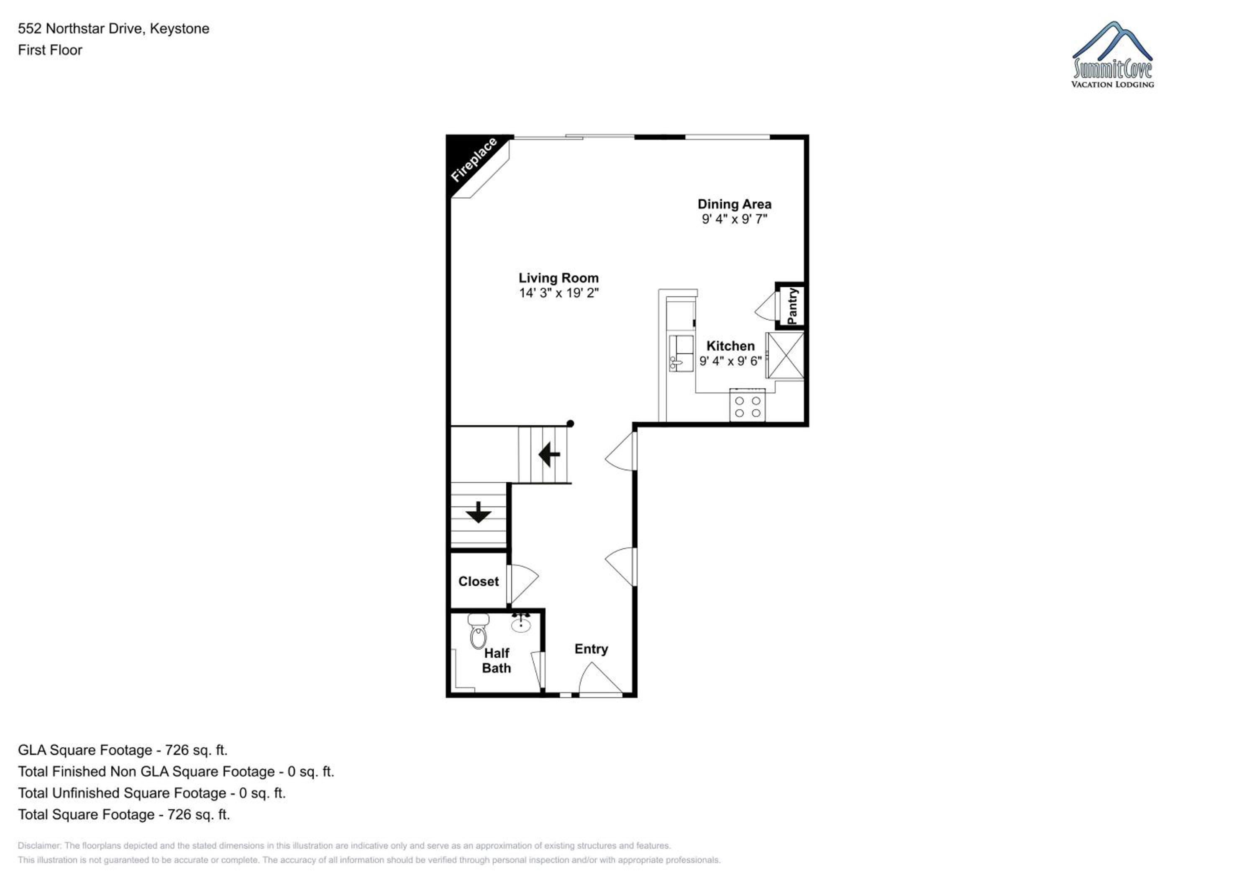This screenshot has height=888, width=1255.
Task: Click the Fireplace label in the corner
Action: point(474,160)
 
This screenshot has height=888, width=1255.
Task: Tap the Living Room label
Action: point(558,278)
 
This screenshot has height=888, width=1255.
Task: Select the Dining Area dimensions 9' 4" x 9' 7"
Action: point(735,219)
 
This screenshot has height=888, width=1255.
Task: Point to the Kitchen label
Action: point(730,346)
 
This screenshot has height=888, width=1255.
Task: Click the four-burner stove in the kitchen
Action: point(747,405)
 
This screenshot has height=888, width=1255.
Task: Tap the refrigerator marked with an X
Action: point(785,355)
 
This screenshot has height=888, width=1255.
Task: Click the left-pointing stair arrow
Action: point(549,454)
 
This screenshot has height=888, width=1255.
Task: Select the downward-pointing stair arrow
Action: point(478,512)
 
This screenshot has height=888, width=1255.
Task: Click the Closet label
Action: point(478,581)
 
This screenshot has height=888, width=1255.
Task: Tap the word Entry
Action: point(591,649)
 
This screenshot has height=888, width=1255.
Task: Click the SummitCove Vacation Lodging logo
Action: point(1112,55)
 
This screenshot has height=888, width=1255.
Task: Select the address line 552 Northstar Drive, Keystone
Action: point(114,28)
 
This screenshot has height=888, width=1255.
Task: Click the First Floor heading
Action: point(50,50)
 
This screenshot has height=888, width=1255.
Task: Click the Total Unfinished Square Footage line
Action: point(152,793)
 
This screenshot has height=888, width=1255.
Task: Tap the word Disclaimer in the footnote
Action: point(39,845)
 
